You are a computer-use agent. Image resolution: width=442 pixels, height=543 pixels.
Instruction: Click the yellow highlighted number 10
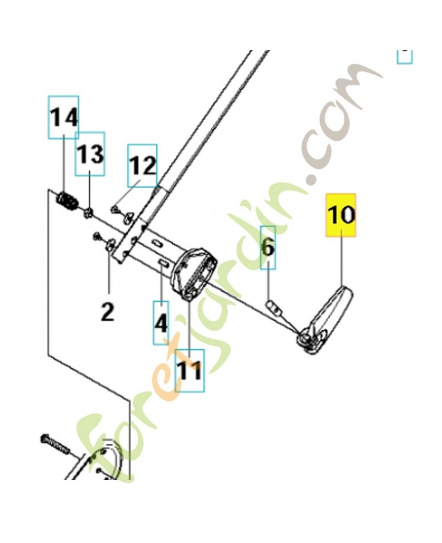pos(341,215)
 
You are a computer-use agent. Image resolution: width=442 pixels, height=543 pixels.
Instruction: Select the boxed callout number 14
pos(63,118)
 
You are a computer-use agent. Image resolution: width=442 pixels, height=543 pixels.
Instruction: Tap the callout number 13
pos(89,154)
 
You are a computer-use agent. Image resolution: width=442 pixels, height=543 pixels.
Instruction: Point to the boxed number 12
pos(142,166)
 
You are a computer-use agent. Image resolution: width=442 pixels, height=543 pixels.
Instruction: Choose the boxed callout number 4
pos(160,323)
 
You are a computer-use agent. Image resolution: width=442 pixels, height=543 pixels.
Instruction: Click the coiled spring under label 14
pos(66,201)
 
